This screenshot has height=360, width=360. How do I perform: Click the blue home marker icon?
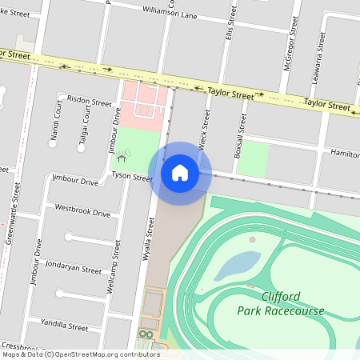(180, 172)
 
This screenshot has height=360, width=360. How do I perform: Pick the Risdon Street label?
(90, 102)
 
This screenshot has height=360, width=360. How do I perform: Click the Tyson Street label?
(132, 175)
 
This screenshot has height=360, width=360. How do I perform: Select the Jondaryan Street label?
(74, 269)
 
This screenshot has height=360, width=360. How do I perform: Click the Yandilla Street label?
(66, 326)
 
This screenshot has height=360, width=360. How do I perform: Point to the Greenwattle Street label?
(11, 212)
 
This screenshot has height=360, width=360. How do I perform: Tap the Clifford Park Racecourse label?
(269, 302)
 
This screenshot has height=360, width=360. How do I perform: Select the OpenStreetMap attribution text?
(81, 354)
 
